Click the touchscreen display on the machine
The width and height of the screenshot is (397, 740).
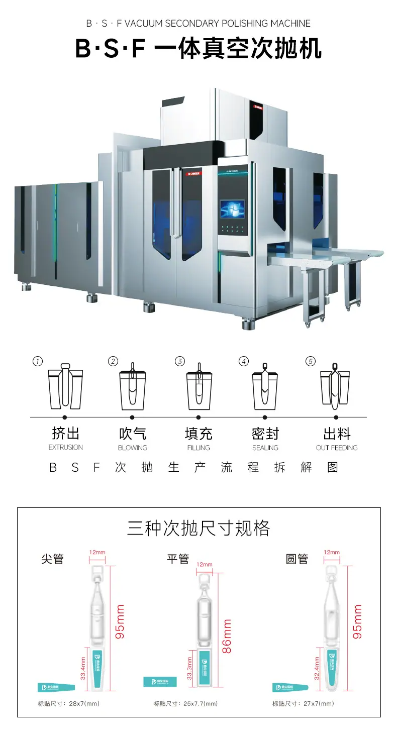[x=232, y=209]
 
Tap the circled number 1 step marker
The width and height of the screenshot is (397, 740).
[x=37, y=361]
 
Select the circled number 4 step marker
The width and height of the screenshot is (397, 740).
[x=244, y=361]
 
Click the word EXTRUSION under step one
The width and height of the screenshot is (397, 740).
[x=66, y=448]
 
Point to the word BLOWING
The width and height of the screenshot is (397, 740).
[x=133, y=448]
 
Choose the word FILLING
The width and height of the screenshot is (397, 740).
[x=198, y=448]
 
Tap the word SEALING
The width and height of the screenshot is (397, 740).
[x=265, y=448]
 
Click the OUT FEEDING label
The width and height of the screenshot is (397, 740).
[x=337, y=448]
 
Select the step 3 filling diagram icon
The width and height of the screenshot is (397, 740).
[x=198, y=387]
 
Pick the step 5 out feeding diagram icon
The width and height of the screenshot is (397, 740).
[x=335, y=387]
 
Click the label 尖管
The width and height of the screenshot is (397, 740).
[x=53, y=559]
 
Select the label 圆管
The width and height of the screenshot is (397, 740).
[x=296, y=559]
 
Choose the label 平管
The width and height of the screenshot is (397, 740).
[x=177, y=559]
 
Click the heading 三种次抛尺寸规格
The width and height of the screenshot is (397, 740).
[x=198, y=528]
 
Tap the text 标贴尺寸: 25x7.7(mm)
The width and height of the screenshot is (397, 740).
[x=186, y=704]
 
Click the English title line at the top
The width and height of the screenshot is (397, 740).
[x=198, y=24]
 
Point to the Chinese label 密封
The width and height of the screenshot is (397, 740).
[x=265, y=433]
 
